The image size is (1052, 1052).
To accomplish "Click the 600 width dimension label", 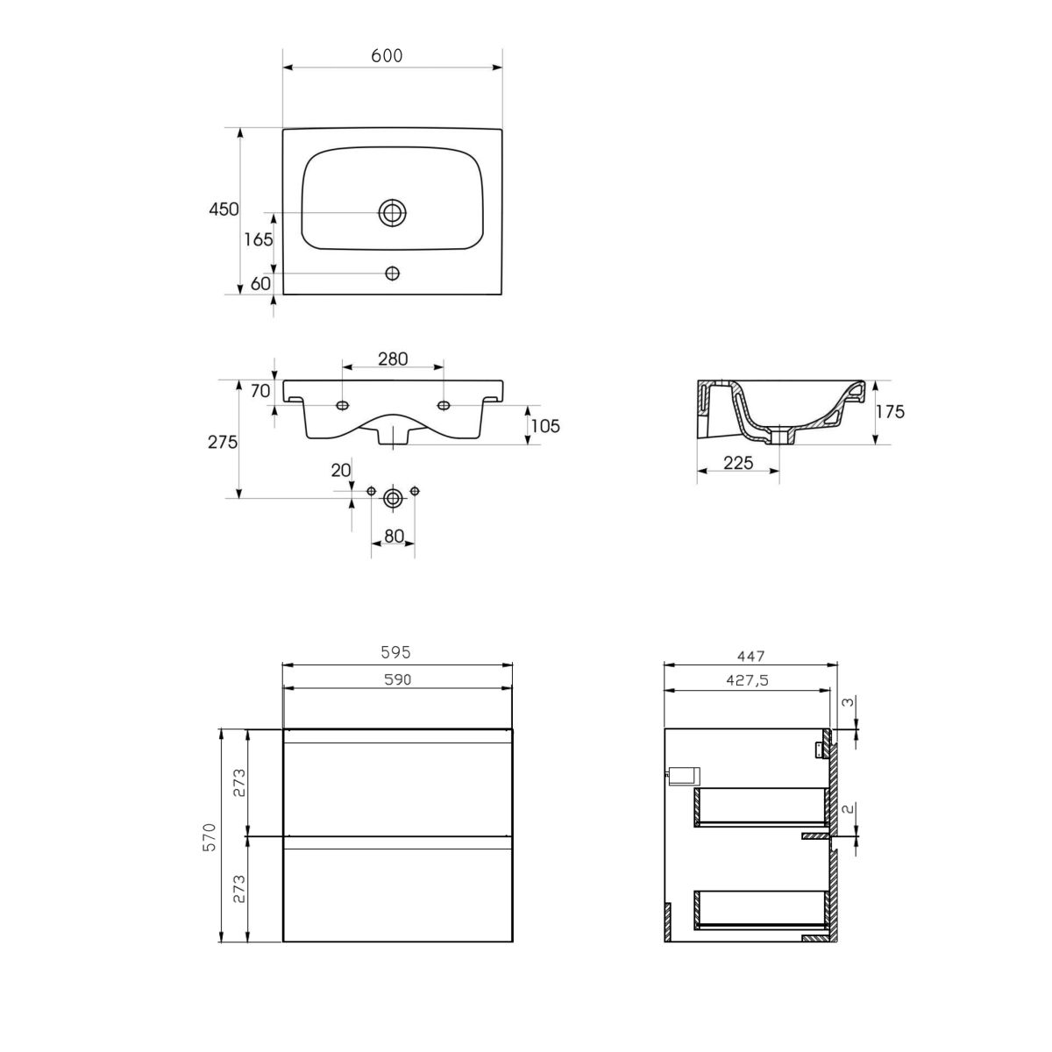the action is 387,56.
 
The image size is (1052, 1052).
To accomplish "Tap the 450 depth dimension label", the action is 224,210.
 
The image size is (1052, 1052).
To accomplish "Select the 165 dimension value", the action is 259,239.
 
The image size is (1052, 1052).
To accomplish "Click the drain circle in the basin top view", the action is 393,212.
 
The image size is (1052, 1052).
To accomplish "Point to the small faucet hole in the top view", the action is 393,273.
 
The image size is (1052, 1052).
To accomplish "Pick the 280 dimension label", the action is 393,359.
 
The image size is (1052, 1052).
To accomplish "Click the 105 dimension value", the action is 544,426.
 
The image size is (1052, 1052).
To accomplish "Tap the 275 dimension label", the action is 223,442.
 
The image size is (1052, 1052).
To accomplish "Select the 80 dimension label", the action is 394,537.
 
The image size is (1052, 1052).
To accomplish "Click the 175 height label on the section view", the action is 891,412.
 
